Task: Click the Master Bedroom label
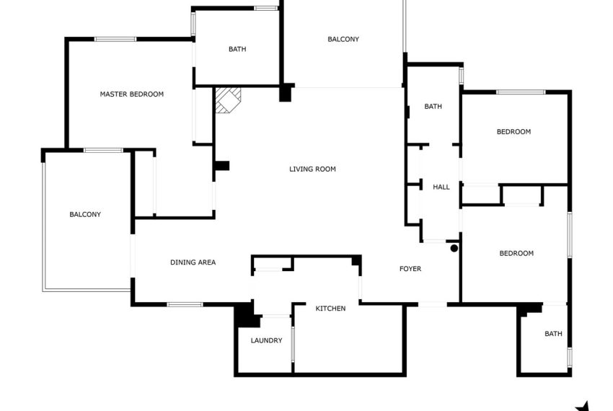click(x=131, y=94)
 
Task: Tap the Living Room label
click(x=312, y=169)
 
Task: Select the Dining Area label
click(x=193, y=262)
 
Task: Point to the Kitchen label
click(x=330, y=309)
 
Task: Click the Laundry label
click(x=266, y=340)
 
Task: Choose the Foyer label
click(x=410, y=269)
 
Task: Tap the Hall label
click(x=441, y=187)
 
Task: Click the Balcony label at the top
click(x=343, y=39)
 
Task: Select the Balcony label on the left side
click(x=85, y=214)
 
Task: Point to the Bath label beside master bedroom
click(x=237, y=49)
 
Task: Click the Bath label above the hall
click(x=433, y=107)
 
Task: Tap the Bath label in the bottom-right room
click(x=553, y=334)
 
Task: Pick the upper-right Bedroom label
click(x=513, y=132)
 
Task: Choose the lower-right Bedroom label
click(x=516, y=253)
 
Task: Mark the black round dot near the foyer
click(x=454, y=249)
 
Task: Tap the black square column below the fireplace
click(x=221, y=166)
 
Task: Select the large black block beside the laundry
click(x=246, y=314)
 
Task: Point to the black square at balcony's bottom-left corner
click(x=286, y=92)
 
